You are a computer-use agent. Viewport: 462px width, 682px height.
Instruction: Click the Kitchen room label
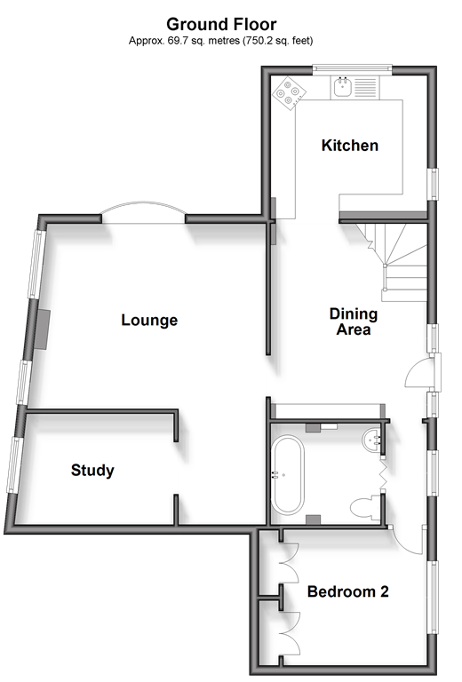pos(350,146)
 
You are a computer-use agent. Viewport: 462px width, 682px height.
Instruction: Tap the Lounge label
pos(149,320)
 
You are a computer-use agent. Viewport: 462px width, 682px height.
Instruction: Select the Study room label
pos(92,470)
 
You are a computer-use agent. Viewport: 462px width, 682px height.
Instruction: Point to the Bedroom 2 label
pos(348,591)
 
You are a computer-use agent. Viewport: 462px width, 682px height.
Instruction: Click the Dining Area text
pos(354,321)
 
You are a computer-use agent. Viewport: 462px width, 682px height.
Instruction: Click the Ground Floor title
pos(221,24)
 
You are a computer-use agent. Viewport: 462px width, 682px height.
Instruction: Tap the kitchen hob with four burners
pos(290,92)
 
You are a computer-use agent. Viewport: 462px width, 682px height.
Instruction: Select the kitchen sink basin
pos(343,87)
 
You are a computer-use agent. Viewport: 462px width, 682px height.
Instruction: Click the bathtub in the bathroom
pos(288,474)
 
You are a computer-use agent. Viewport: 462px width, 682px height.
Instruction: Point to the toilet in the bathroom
pos(366,508)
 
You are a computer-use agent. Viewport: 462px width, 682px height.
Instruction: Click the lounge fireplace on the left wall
pos(42,329)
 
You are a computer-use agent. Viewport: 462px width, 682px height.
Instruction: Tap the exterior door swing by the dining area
pos(419,373)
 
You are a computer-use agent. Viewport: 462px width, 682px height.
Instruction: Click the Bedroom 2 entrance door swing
pos(407,539)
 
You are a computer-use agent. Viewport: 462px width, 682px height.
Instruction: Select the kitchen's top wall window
pos(353,68)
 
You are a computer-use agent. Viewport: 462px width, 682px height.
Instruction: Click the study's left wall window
pos(13,465)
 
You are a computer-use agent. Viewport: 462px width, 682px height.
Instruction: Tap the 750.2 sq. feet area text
pos(277,41)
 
